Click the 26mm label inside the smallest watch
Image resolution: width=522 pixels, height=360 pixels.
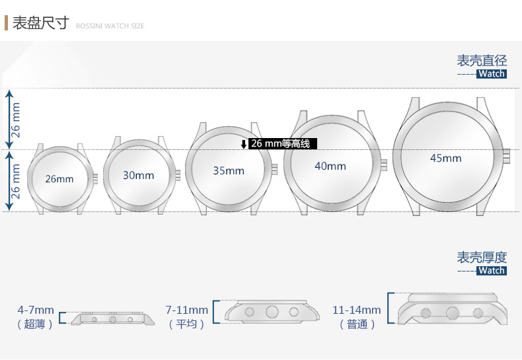click(59, 179)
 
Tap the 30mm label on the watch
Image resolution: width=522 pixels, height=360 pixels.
click(139, 175)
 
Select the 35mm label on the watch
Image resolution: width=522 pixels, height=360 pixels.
click(229, 170)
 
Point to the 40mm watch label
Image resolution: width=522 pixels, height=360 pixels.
click(330, 166)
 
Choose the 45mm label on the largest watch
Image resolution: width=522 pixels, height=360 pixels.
click(446, 158)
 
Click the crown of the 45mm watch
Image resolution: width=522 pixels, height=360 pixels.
click(506, 156)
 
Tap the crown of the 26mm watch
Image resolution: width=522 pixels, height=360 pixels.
click(96, 178)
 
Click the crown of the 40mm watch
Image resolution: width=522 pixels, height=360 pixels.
click(384, 164)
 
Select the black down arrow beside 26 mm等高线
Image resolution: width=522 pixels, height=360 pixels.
click(244, 145)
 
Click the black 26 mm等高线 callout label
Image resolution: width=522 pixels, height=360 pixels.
click(283, 144)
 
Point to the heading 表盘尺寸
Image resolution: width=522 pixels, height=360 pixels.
click(41, 23)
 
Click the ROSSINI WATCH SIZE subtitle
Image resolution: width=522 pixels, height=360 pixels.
click(110, 26)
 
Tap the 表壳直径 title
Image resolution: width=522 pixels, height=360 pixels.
click(482, 61)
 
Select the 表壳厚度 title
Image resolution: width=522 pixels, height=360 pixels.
click(482, 257)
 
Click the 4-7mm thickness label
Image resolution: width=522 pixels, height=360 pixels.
click(36, 310)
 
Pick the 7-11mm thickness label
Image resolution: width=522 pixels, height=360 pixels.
click(187, 310)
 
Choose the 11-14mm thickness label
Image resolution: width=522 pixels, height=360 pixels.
click(357, 310)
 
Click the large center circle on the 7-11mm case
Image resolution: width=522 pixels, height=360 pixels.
click(272, 312)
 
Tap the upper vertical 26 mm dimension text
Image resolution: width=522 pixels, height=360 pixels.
click(16, 120)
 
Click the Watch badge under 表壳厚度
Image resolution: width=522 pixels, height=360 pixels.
click(492, 271)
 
